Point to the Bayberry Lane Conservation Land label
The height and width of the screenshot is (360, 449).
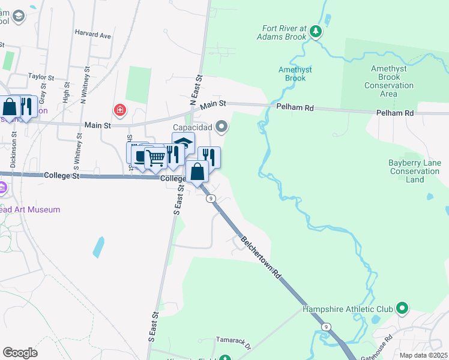coord(414,171)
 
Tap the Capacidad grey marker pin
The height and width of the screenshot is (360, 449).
coord(222,127)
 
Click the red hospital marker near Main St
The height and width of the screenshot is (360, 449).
coord(120,110)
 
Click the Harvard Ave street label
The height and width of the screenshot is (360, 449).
coord(93,35)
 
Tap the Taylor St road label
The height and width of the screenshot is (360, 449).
coord(41,77)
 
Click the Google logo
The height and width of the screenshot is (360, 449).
coord(19,353)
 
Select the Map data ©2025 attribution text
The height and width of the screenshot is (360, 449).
coord(423,355)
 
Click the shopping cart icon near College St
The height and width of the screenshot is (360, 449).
coord(155,159)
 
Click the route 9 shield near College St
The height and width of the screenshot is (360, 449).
coord(211,199)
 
